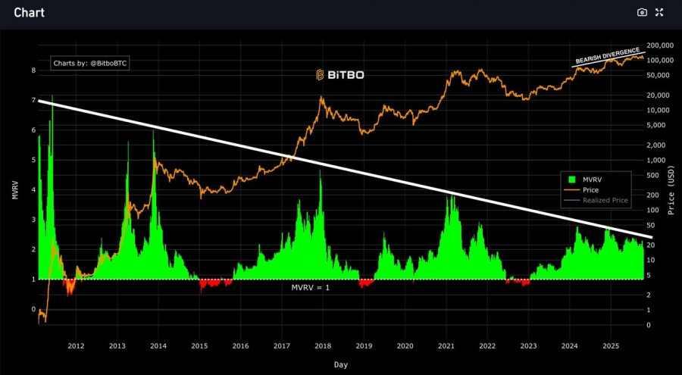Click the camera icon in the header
click(642, 12)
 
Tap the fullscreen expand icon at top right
click(659, 12)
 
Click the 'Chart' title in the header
click(29, 13)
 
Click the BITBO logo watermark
click(340, 75)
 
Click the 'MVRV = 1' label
click(311, 288)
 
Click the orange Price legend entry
click(589, 189)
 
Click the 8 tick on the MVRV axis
click(33, 70)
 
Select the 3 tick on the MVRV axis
click(33, 220)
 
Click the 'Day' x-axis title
click(341, 364)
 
